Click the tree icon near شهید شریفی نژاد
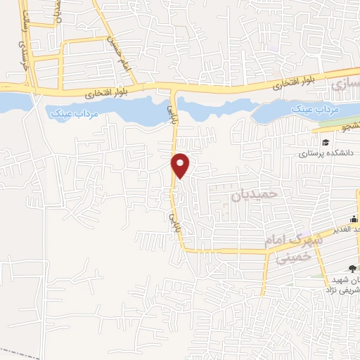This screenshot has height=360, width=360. [x=351, y=269]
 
